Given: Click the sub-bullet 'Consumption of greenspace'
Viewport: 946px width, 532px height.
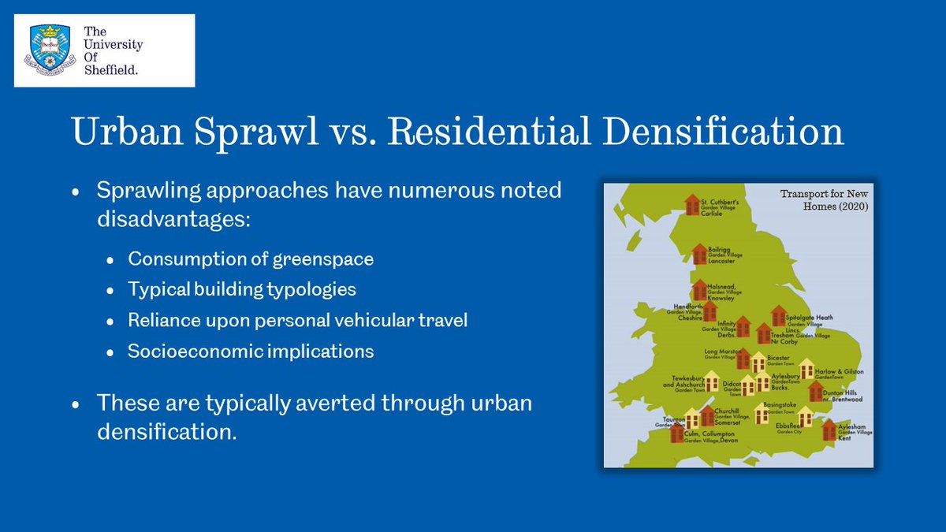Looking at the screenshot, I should point(251,259).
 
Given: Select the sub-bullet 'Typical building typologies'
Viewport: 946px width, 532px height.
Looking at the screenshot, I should point(242,289).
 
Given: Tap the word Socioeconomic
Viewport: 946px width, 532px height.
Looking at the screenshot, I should point(193,351).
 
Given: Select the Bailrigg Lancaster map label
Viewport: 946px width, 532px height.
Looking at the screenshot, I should point(725,254).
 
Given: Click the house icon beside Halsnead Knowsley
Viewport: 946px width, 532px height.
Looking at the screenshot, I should point(700,289).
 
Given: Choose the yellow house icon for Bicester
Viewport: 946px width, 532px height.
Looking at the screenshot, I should point(758,362).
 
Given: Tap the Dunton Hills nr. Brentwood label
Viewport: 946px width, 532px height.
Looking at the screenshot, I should point(842,396).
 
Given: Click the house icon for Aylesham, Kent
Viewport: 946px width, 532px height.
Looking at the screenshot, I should point(829,430).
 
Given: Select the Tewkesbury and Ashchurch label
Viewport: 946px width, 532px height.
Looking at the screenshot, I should point(679,383).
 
